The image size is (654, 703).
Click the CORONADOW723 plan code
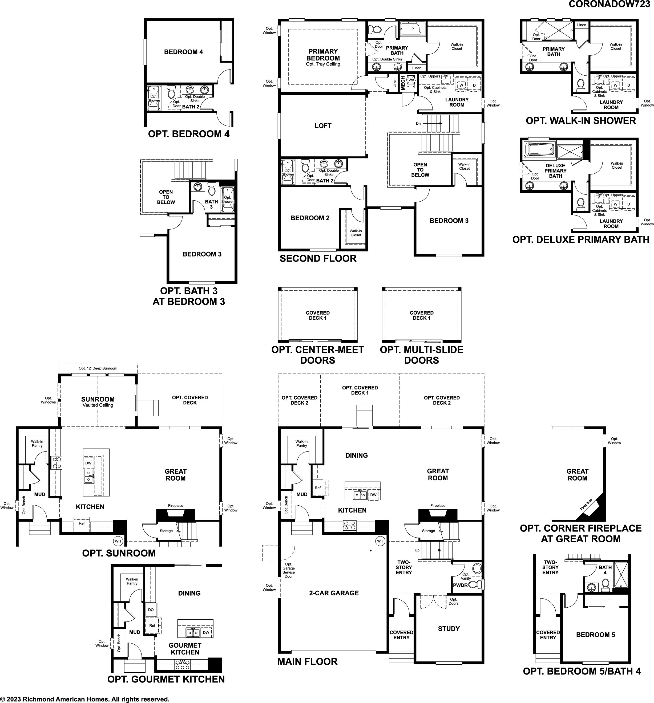609,4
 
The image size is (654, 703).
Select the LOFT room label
323,125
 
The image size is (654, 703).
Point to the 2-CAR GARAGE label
334,593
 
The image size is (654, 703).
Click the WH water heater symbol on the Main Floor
380,541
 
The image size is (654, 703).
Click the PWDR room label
461,585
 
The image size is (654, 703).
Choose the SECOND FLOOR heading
318,258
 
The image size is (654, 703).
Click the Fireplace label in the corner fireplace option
586,504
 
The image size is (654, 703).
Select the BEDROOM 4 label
184,52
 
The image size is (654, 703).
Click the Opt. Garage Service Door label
289,570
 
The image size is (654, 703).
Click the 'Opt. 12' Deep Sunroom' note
98,368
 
